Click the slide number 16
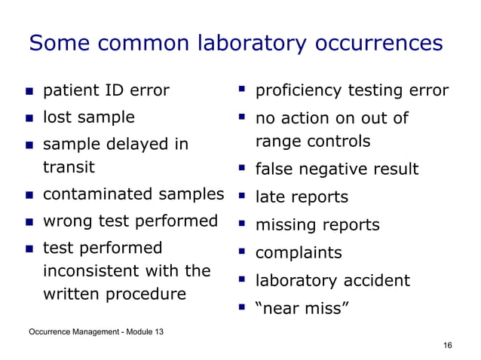pyautogui.click(x=448, y=345)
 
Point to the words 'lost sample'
pyautogui.click(x=88, y=117)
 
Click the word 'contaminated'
pyautogui.click(x=97, y=195)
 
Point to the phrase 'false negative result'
pyautogui.click(x=337, y=169)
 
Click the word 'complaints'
pyautogui.click(x=299, y=253)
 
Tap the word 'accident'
pyautogui.click(x=377, y=281)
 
